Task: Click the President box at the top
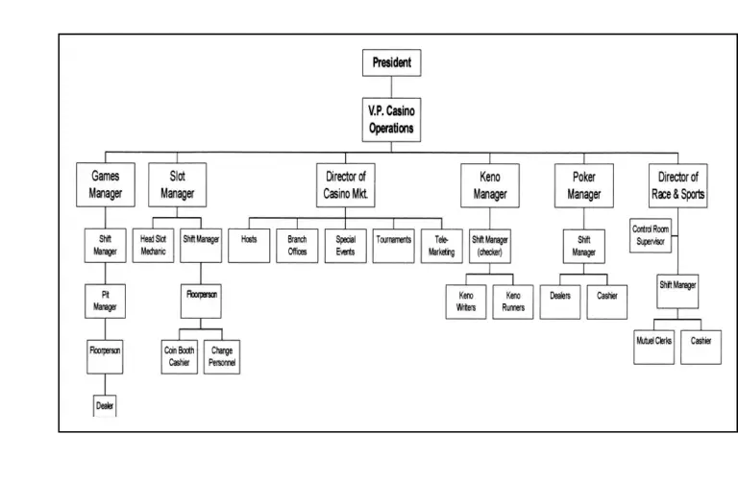[x=391, y=63]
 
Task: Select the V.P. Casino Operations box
[x=391, y=120]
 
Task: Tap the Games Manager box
[x=106, y=184]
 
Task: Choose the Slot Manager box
[x=177, y=184]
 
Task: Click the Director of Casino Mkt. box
[x=345, y=184]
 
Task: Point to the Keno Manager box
[x=490, y=184]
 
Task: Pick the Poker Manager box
[x=583, y=184]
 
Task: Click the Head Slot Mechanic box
[x=154, y=245]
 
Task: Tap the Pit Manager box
[x=106, y=300]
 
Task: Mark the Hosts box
[x=249, y=245]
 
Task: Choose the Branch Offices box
[x=297, y=245]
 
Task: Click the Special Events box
[x=345, y=245]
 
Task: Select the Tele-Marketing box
[x=441, y=245]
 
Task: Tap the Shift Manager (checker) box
[x=490, y=246]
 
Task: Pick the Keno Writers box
[x=466, y=301]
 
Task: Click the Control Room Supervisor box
[x=651, y=235]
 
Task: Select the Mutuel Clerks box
[x=654, y=342]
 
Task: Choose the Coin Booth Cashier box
[x=180, y=357]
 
